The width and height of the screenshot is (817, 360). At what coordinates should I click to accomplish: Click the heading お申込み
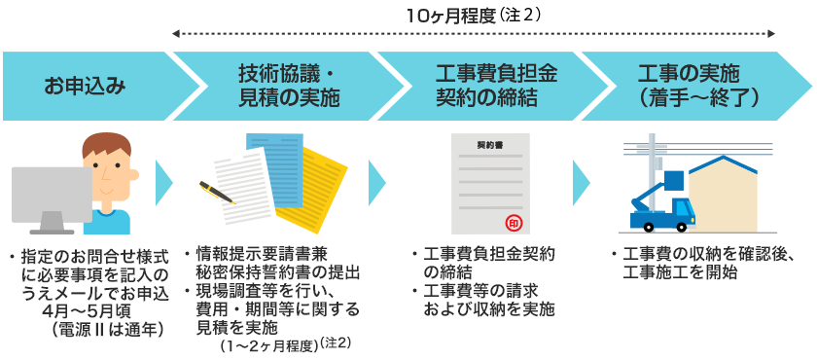pos(85,86)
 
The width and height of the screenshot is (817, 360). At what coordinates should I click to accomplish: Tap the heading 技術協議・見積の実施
pos(288,86)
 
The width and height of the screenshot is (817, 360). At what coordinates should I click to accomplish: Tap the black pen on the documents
pos(217,192)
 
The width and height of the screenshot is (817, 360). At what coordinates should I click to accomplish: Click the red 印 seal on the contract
pos(515,221)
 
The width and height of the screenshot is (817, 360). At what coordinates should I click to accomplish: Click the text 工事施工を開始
pos(680,272)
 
